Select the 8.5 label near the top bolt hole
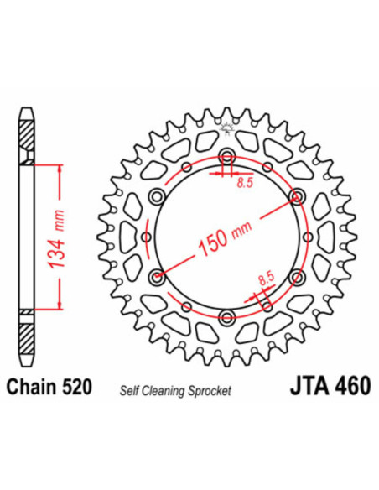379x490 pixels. (x=244, y=181)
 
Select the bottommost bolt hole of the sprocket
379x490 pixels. (x=226, y=316)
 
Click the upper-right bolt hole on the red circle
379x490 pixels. (x=296, y=196)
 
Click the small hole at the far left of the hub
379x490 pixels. (x=147, y=237)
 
